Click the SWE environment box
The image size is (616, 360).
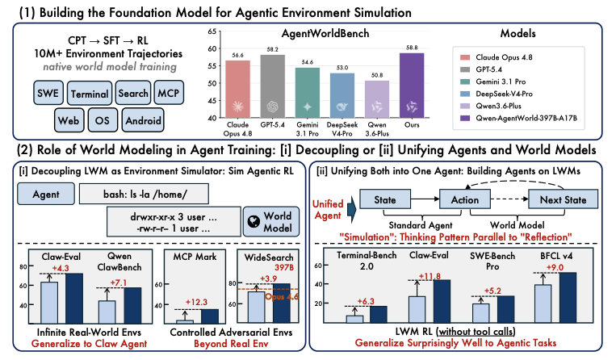(48, 93)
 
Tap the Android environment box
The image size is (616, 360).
(143, 120)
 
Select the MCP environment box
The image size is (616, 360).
(169, 93)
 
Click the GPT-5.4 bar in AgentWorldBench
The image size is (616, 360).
(273, 86)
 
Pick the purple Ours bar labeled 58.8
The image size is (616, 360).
(412, 86)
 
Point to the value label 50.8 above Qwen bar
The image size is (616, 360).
(377, 75)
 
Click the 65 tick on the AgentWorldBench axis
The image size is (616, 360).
(212, 31)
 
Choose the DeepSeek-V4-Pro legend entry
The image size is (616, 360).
(497, 94)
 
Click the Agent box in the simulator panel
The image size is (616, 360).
(46, 194)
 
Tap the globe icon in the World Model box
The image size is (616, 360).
(254, 222)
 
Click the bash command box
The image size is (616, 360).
(144, 194)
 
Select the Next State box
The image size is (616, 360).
(563, 199)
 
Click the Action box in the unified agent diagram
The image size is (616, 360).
(465, 199)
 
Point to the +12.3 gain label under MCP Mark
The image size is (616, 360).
(196, 302)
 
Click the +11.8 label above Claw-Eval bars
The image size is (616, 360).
(430, 276)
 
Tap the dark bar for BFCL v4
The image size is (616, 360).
(568, 298)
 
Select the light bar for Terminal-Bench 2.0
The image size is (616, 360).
(354, 319)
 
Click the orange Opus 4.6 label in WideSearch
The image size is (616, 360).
(282, 297)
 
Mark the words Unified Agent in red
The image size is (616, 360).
(328, 210)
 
